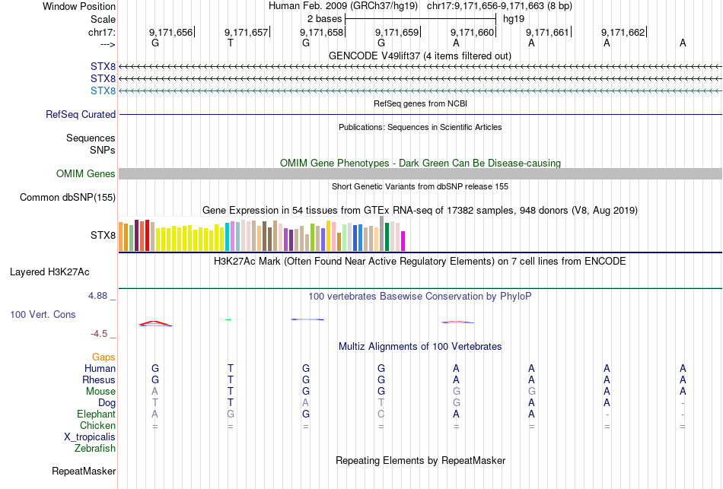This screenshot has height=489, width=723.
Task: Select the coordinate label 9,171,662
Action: click(623, 32)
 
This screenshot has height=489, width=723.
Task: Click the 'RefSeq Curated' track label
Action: click(81, 115)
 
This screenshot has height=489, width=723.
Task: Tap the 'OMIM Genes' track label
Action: click(86, 174)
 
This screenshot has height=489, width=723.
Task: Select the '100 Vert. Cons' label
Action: click(43, 314)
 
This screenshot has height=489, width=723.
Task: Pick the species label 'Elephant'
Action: click(96, 414)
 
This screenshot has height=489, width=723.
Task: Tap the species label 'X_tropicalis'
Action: click(90, 437)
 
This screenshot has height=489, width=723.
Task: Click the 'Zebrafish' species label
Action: click(95, 449)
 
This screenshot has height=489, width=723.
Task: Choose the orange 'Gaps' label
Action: click(104, 357)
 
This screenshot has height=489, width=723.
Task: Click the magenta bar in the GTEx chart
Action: click(403, 240)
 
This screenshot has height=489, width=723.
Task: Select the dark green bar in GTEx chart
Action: click(387, 237)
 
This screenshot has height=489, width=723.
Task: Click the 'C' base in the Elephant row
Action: click(381, 414)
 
